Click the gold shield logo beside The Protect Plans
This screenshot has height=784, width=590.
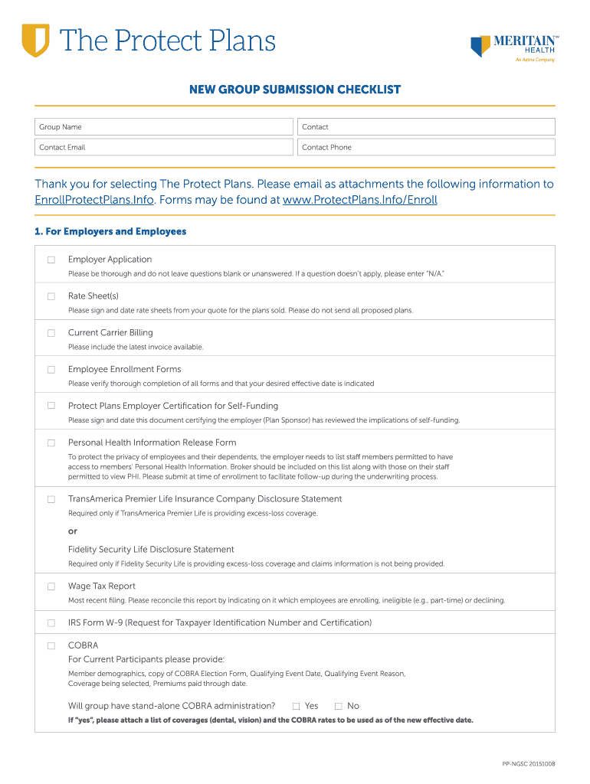35,40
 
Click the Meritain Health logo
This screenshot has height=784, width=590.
512,47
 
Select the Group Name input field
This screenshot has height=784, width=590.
164,127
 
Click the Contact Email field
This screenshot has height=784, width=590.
164,147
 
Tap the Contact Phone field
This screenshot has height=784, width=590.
426,147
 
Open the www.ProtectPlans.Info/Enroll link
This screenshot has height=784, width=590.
359,200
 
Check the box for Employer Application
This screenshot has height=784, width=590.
51,260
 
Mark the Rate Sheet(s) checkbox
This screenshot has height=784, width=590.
51,296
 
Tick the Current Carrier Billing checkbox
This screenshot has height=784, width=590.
51,333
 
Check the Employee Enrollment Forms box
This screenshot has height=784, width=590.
51,370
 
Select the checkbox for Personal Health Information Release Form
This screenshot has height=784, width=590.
51,443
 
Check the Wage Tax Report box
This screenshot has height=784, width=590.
51,586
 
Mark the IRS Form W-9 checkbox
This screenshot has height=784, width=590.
51,623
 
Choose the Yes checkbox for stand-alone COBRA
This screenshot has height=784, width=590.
296,706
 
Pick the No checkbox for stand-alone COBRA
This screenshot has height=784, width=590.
338,706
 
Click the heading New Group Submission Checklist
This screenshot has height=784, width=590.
295,90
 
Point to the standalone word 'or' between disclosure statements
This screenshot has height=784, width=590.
73,531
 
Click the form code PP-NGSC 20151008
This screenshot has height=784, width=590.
529,764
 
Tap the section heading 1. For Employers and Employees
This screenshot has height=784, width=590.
110,231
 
